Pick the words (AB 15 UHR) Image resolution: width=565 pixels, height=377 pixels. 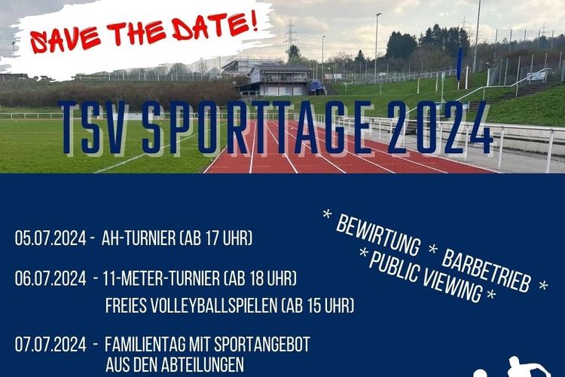[x=317, y=305]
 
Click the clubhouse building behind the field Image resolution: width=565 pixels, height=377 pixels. [x=279, y=80]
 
